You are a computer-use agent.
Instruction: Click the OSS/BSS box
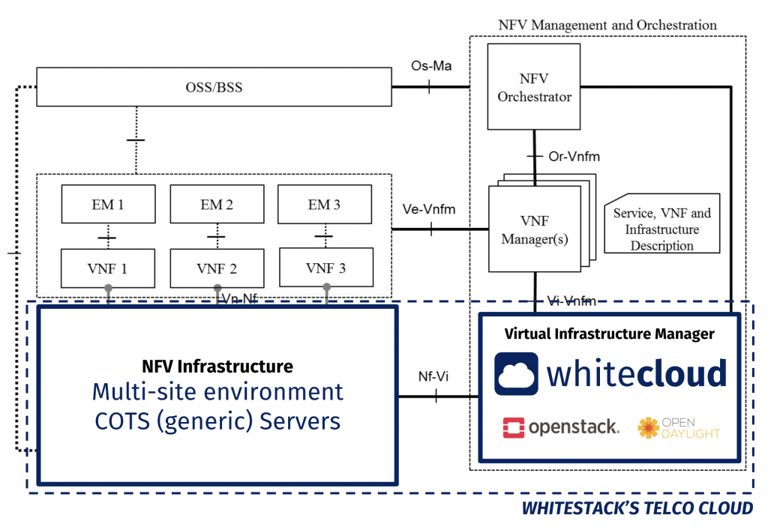[x=213, y=88]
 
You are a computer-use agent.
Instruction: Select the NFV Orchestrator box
[x=534, y=87]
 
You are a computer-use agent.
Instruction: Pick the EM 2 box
[x=217, y=204]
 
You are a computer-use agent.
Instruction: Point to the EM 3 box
[x=324, y=204]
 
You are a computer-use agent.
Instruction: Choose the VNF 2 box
[x=217, y=268]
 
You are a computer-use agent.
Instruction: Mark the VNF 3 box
[x=324, y=268]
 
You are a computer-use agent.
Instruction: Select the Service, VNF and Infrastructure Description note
[x=661, y=229]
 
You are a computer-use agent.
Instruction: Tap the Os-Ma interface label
[x=430, y=66]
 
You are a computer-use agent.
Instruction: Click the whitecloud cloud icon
[x=516, y=373]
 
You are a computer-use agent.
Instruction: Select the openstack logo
[x=561, y=427]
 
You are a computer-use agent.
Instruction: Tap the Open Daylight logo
[x=678, y=427]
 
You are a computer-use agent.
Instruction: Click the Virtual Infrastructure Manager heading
[x=609, y=334]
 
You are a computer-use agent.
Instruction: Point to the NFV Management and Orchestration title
[x=607, y=25]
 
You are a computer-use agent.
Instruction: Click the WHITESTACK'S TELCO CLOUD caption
[x=637, y=508]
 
